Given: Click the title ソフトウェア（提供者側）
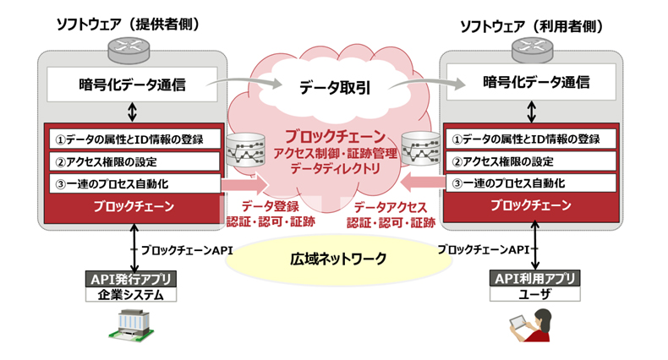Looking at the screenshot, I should pyautogui.click(x=126, y=25).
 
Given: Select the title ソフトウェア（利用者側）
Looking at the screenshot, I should pyautogui.click(x=531, y=25).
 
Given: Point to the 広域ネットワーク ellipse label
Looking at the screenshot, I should pyautogui.click(x=333, y=259).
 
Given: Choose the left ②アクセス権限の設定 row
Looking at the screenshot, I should pyautogui.click(x=132, y=161).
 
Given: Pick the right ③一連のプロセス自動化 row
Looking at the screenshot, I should pyautogui.click(x=534, y=183).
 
